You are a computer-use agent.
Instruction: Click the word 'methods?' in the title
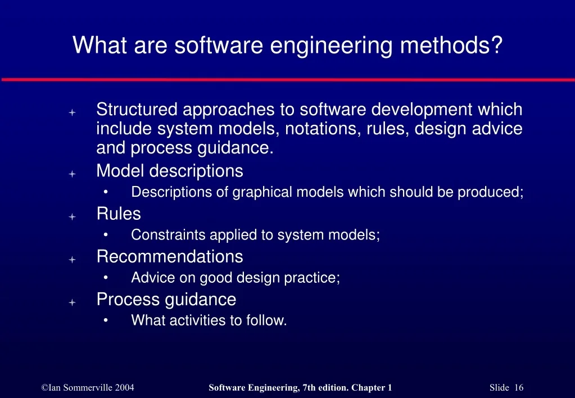(451, 45)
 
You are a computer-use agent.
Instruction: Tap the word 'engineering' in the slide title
(331, 45)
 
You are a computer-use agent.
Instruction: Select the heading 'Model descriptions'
(170, 170)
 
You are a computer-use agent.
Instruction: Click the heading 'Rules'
(119, 214)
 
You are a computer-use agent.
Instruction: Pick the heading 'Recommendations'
(170, 256)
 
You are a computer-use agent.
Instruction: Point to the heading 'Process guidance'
(166, 299)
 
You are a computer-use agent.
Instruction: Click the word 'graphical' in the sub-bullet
(263, 192)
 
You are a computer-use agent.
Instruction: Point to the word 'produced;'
(490, 192)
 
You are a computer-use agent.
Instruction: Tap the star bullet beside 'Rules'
(72, 216)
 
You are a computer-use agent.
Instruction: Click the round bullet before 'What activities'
(106, 320)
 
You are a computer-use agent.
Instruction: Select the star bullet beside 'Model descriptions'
(72, 174)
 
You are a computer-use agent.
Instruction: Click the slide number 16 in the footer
(518, 387)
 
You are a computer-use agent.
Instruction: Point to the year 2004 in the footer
(123, 387)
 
